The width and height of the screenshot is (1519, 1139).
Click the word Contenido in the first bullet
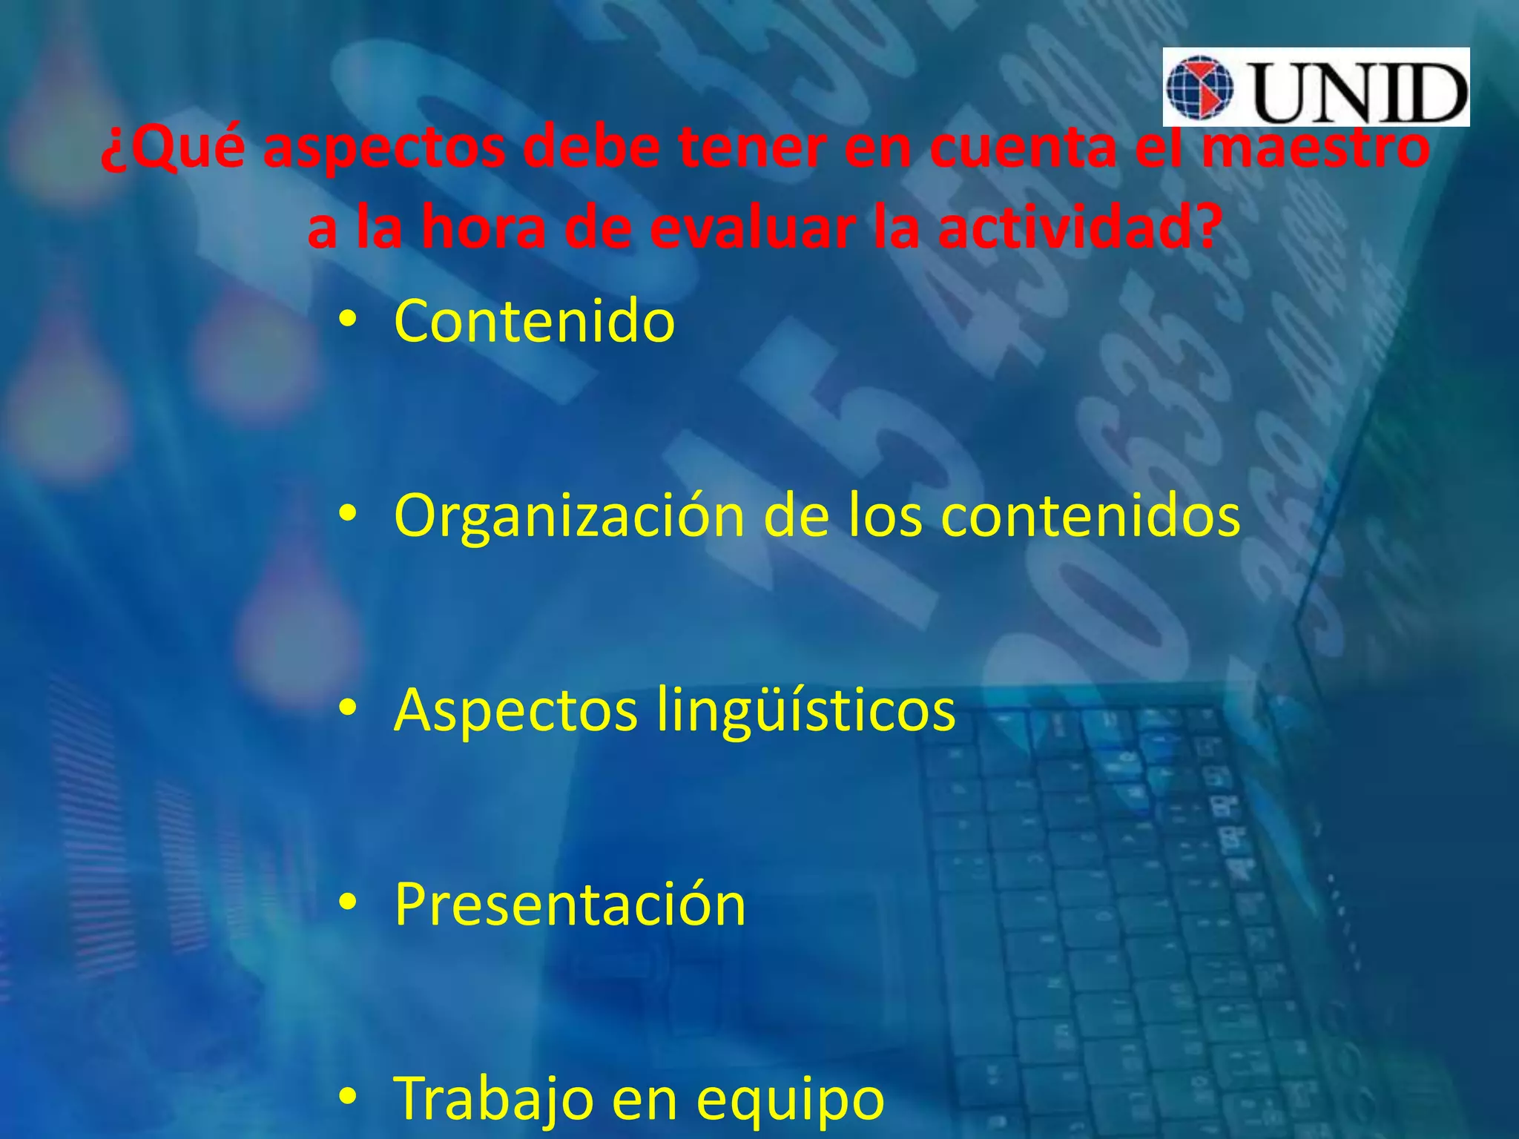click(534, 321)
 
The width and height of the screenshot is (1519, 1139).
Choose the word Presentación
click(570, 905)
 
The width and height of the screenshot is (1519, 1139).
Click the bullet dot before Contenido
click(346, 320)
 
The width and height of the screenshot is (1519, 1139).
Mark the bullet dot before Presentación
click(346, 903)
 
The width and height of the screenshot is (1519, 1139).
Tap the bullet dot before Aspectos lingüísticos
click(346, 709)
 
